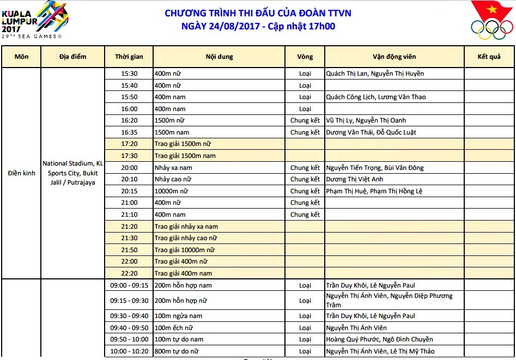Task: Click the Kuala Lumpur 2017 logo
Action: click(x=34, y=20)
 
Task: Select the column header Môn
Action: click(x=21, y=57)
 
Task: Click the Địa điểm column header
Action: click(x=72, y=57)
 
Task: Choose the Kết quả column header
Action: click(x=489, y=57)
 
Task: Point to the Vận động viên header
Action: click(x=394, y=57)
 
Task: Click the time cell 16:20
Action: click(x=129, y=120)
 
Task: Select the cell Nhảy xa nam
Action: click(x=173, y=168)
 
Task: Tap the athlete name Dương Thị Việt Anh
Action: click(x=355, y=179)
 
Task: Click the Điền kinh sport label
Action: click(x=21, y=173)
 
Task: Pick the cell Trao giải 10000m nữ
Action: click(x=184, y=250)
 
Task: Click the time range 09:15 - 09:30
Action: click(x=129, y=300)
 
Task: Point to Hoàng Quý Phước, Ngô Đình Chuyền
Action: click(x=379, y=339)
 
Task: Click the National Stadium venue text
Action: click(x=72, y=173)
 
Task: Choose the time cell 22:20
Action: click(x=129, y=273)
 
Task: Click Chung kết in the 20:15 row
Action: click(x=305, y=191)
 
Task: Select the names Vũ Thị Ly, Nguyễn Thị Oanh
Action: click(x=366, y=120)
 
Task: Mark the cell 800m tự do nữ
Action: click(x=177, y=351)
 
